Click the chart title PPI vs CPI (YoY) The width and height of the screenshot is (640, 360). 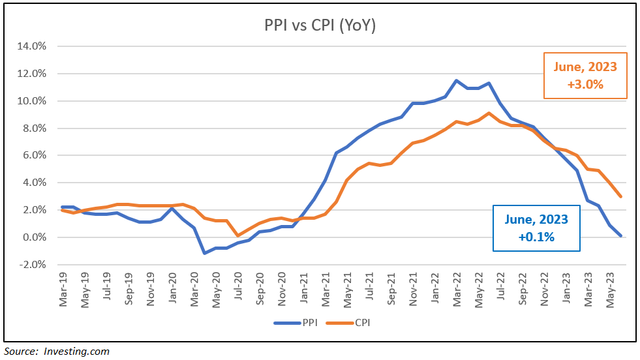[320, 27]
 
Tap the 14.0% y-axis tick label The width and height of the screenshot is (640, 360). [31, 46]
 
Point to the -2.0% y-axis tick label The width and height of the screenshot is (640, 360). [31, 265]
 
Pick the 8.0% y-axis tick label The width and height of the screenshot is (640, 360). [33, 128]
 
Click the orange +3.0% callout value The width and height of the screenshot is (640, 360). [585, 83]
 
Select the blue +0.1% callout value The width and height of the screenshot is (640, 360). [536, 237]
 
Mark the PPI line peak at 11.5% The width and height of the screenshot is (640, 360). [457, 80]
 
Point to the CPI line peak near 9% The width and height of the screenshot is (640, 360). [489, 113]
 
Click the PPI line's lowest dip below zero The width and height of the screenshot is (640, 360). [204, 253]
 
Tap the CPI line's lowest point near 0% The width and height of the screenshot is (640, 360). [237, 235]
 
